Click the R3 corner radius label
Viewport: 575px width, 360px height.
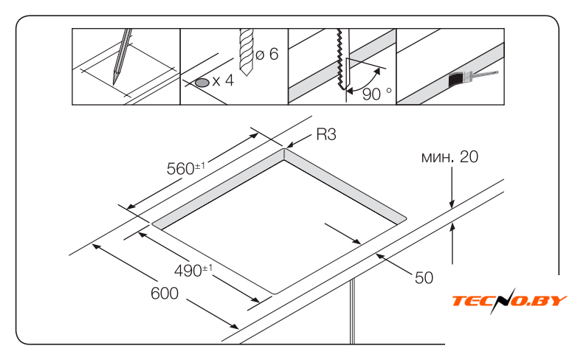coord(326,134)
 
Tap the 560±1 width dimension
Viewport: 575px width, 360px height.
coord(185,168)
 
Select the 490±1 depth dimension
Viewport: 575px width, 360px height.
coord(193,271)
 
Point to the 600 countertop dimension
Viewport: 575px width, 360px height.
coord(165,294)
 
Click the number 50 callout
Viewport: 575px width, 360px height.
coord(424,277)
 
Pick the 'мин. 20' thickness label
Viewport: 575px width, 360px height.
coord(450,157)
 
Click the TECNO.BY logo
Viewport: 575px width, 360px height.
coord(510,300)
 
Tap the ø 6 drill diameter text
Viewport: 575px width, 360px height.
coord(267,54)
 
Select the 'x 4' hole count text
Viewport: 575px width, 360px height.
coord(223,80)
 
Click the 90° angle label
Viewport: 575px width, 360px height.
coord(377,94)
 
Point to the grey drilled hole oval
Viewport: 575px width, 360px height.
coord(202,83)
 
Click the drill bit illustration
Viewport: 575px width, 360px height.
coord(246,52)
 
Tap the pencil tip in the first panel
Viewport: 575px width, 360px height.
coord(114,83)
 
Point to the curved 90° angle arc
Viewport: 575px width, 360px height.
coord(368,82)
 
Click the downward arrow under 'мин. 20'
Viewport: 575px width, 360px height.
coord(452,187)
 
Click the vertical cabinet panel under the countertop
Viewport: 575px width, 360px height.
coord(352,311)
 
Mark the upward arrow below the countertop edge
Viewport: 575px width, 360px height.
coord(452,243)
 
